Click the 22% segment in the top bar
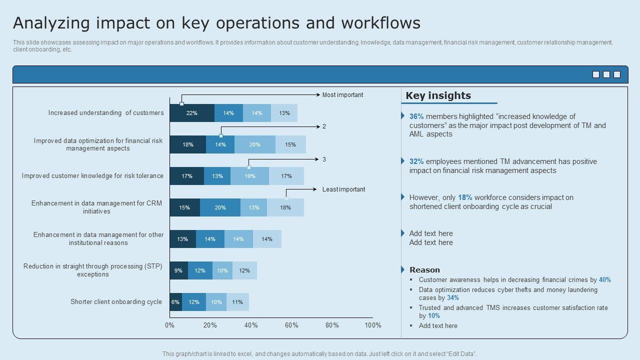(192, 113)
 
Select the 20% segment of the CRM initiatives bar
(220, 207)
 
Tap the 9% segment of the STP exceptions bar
(178, 270)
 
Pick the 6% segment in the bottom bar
(175, 302)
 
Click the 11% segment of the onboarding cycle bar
(237, 302)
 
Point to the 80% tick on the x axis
(332, 325)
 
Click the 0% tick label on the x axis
(169, 325)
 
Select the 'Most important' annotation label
(342, 95)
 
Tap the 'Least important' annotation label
(343, 189)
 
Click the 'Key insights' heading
(438, 95)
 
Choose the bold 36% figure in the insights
(416, 116)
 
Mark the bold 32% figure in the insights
(416, 161)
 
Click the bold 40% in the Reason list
(604, 280)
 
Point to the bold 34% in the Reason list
(453, 298)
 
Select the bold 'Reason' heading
(424, 270)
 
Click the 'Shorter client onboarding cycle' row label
(116, 302)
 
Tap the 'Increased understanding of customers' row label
(106, 113)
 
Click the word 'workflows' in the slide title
(380, 23)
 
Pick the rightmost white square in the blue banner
(617, 74)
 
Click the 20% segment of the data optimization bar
(254, 144)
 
